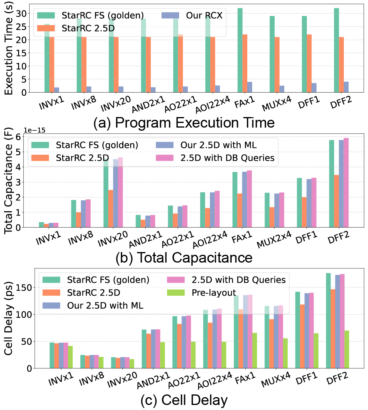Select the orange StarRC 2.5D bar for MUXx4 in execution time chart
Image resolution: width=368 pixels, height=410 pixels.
(276, 65)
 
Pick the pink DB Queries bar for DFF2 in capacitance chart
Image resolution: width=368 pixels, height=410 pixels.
(346, 182)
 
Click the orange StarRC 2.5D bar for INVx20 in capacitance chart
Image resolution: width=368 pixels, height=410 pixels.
(111, 209)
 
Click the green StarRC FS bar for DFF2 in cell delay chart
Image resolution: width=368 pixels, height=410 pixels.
(328, 321)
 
